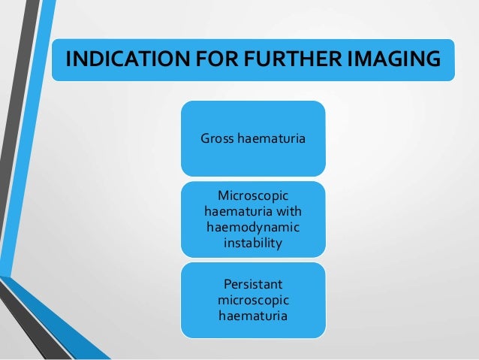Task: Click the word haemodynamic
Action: coord(252,228)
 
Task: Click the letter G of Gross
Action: coord(204,138)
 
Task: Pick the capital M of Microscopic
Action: coord(222,195)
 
